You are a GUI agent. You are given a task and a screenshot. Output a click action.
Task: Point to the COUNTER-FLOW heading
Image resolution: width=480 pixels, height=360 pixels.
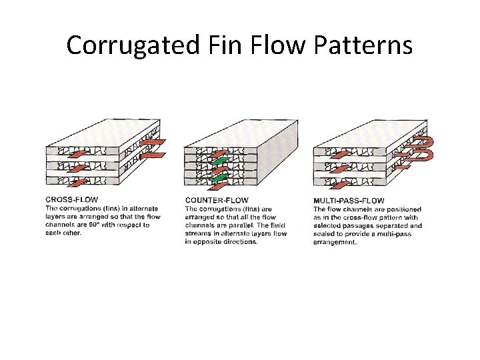217,200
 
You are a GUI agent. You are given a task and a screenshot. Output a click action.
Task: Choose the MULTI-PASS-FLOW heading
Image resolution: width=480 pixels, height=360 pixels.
349,201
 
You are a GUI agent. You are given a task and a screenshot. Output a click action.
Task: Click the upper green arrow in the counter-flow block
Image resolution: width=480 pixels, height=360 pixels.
219,162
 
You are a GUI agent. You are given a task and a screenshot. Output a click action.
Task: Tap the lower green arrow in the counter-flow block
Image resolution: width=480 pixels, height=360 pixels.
219,178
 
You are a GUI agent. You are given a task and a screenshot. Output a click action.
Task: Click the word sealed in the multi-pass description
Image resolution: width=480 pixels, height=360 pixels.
327,234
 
